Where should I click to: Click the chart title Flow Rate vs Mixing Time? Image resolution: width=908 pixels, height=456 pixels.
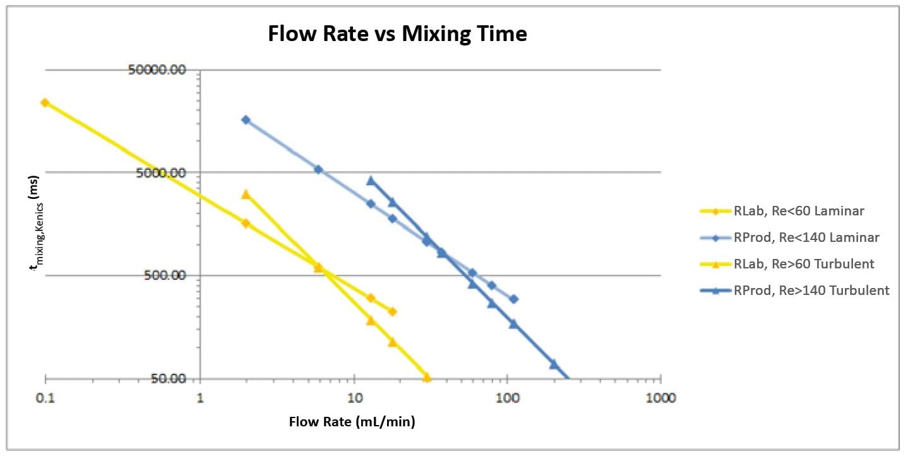pyautogui.click(x=397, y=33)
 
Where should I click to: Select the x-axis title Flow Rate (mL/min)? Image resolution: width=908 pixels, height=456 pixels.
pyautogui.click(x=352, y=422)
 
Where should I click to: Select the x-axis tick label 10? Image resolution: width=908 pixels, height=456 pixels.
pyautogui.click(x=354, y=398)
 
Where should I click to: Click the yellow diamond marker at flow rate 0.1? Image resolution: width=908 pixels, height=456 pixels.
pyautogui.click(x=45, y=102)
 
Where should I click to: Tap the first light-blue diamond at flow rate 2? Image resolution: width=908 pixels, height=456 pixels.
pyautogui.click(x=246, y=119)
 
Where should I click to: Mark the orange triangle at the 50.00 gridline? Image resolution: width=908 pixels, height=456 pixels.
pyautogui.click(x=426, y=377)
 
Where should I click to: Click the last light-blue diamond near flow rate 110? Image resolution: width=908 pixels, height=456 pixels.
pyautogui.click(x=514, y=299)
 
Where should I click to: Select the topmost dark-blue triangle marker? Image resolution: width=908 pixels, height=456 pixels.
pyautogui.click(x=371, y=181)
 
